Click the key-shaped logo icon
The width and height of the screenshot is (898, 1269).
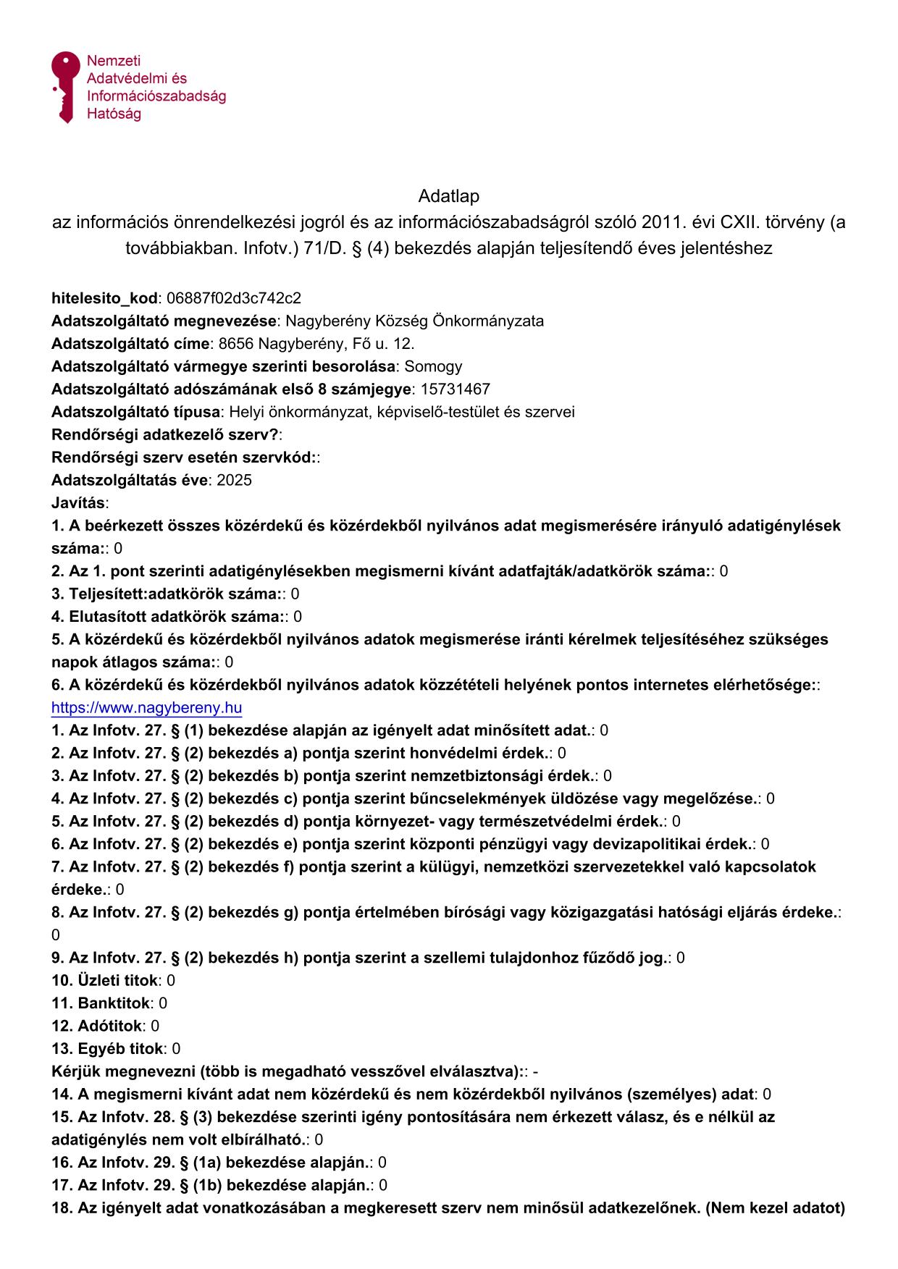[x=64, y=86]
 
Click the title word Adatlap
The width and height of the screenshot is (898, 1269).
[x=448, y=196]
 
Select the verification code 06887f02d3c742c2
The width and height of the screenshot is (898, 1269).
[x=233, y=298]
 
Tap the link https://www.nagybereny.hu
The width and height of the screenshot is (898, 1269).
[x=146, y=707]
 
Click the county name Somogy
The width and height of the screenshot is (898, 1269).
[x=433, y=366]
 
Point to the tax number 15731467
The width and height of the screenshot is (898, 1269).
[x=455, y=389]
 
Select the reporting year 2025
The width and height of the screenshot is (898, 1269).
[x=234, y=481]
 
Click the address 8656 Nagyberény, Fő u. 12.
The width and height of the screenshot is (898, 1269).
[x=316, y=344]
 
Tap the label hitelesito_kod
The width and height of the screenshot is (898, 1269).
[x=104, y=298]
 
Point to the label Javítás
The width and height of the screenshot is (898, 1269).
[x=78, y=503]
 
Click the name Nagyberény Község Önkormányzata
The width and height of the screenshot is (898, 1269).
[x=415, y=321]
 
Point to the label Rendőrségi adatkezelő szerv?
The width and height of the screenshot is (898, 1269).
[x=164, y=435]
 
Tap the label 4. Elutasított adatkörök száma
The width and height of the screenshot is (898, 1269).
[x=167, y=617]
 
